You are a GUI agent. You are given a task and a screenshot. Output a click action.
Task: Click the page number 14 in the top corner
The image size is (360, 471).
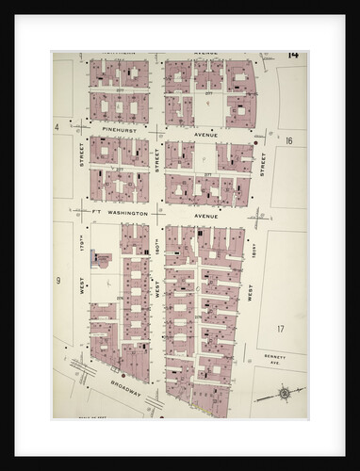tap(293, 55)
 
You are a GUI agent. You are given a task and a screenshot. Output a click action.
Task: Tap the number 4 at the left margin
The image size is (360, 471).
tap(57, 126)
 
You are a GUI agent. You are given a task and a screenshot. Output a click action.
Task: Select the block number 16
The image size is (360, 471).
tap(289, 140)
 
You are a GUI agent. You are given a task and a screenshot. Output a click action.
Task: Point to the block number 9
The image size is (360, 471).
tap(57, 280)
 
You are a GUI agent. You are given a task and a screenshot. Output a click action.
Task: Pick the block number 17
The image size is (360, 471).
tap(280, 328)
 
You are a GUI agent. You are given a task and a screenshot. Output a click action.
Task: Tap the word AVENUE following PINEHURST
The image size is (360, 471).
tap(205, 135)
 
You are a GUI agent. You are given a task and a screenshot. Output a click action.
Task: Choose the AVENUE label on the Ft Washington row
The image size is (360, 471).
tap(205, 215)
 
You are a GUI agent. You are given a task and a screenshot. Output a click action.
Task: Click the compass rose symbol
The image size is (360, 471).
tap(285, 392)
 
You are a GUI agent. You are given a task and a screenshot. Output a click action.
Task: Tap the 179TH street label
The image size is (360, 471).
tap(82, 249)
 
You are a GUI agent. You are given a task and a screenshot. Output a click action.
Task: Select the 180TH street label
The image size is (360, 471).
tap(156, 249)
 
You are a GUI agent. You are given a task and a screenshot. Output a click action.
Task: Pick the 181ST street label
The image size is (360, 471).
tap(254, 250)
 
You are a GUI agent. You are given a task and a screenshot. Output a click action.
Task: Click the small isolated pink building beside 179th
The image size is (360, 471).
tap(101, 260)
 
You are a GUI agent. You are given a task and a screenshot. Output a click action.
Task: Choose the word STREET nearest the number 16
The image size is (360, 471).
tap(264, 162)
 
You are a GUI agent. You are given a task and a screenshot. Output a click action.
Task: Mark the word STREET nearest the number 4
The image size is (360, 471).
tap(82, 154)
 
